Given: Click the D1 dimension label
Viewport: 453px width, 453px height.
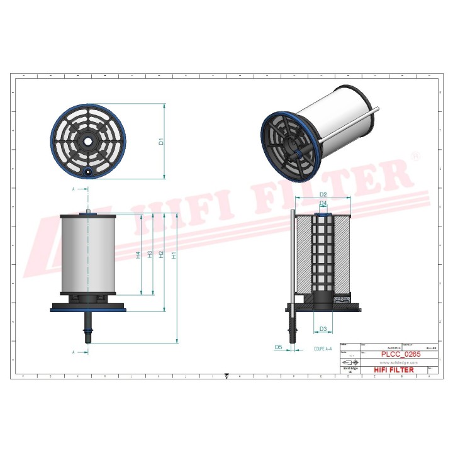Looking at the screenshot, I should pyautogui.click(x=162, y=142).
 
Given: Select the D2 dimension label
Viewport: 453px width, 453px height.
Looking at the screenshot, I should pyautogui.click(x=323, y=194).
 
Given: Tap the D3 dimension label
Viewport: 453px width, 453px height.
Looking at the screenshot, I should pyautogui.click(x=323, y=329).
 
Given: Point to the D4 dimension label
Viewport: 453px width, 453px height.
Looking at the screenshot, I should pyautogui.click(x=323, y=204).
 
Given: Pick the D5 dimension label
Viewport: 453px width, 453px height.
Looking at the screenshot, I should pyautogui.click(x=278, y=347).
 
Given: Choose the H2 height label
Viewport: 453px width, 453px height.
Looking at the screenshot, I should pyautogui.click(x=162, y=255).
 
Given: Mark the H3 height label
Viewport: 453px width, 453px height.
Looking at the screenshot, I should pyautogui.click(x=150, y=255).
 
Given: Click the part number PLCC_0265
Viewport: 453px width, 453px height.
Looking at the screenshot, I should pyautogui.click(x=400, y=355).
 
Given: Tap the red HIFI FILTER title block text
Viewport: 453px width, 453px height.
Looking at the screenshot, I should pyautogui.click(x=394, y=370).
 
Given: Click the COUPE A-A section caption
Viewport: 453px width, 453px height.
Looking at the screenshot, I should pyautogui.click(x=323, y=348).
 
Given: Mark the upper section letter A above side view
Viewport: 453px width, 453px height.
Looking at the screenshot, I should pyautogui.click(x=74, y=188).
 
